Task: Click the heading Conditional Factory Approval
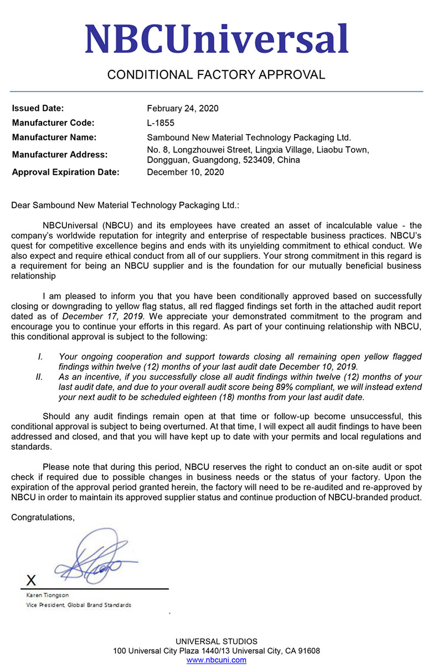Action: coord(216,75)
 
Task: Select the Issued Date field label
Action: coord(38,108)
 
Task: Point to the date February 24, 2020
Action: coord(183,108)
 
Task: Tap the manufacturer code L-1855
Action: coord(161,123)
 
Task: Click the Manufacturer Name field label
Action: coord(54,137)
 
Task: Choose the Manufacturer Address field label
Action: coord(60,155)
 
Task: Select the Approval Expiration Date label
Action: coord(65,172)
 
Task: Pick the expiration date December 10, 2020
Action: coord(186,172)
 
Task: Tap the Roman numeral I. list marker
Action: coord(40,357)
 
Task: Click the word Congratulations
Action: coord(43,517)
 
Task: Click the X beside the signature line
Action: coord(32,580)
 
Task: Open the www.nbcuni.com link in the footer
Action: coord(217,660)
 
